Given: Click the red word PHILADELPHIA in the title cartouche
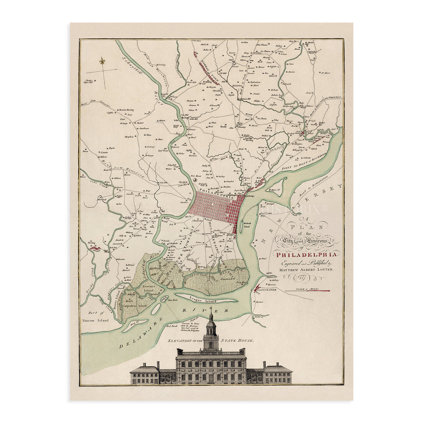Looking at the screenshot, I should pos(307,255).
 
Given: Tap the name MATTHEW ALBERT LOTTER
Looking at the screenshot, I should pos(306,269).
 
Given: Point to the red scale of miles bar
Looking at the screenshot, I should pos(308,290).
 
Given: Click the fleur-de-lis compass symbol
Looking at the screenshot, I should pos(102,61).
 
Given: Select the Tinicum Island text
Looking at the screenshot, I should pos(95,320).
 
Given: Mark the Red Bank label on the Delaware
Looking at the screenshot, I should pos(171,326).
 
